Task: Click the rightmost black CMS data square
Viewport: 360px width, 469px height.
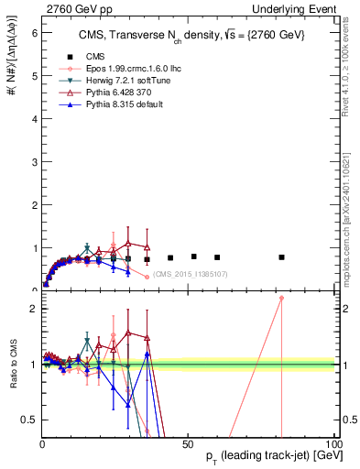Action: [282, 257]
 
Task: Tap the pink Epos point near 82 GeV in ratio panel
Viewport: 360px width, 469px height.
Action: [282, 298]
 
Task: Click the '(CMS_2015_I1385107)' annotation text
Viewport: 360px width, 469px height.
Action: [190, 274]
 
